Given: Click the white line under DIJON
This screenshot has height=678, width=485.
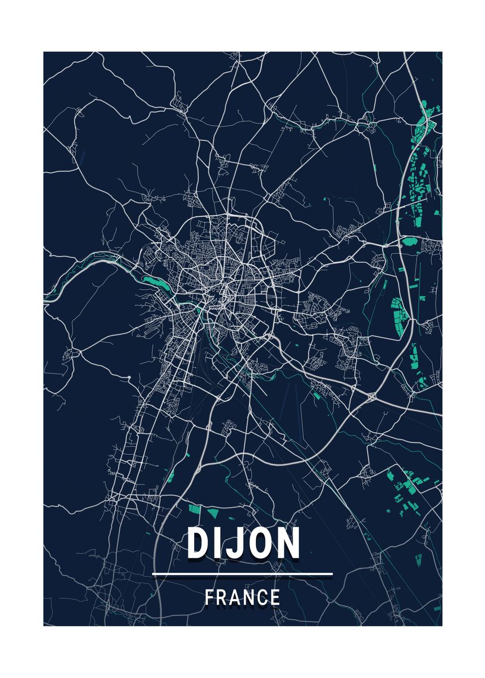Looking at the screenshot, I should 242,574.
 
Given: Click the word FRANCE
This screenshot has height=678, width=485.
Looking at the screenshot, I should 242,597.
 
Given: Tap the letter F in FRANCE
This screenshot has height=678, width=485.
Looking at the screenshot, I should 209,597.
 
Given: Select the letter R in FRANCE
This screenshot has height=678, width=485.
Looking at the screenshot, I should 222,597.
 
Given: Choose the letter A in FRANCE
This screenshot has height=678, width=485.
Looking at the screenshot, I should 236,597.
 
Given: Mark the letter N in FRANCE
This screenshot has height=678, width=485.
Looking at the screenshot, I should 250,597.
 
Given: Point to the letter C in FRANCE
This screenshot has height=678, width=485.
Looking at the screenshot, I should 263,597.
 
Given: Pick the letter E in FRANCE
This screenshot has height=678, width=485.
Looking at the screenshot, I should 275,597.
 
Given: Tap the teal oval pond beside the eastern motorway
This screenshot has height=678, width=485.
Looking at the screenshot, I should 409,242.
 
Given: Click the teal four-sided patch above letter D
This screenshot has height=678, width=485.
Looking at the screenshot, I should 194,509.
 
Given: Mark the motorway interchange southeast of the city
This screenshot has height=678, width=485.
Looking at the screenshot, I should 371,397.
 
